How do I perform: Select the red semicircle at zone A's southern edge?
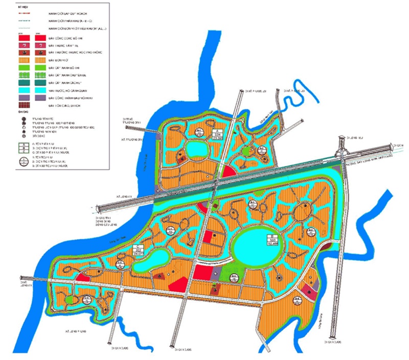[228, 174]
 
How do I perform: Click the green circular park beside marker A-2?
[247, 151]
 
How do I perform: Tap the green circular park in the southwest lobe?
[69, 299]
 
